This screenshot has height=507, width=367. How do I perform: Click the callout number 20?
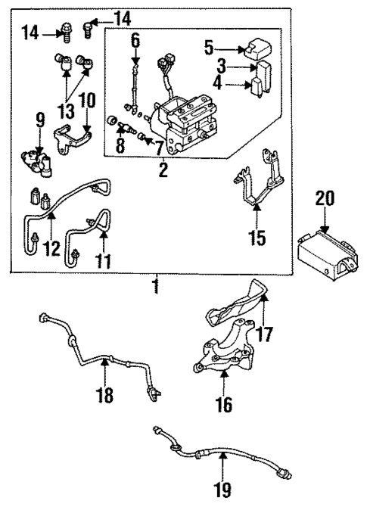coord(323,199)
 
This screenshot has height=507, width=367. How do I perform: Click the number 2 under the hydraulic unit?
coord(162,170)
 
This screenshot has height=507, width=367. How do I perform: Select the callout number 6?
coord(135,39)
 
